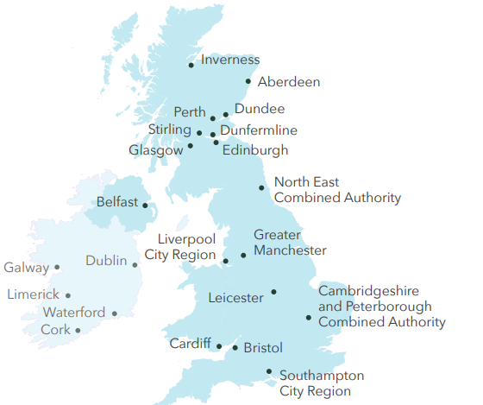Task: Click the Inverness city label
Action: coord(229,60)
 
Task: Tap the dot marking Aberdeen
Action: coord(248,82)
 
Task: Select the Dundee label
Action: coord(259,109)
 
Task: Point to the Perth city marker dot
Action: coord(213,118)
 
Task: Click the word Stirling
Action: coord(169,129)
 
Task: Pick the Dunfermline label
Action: coord(259,130)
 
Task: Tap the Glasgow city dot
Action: coord(191,146)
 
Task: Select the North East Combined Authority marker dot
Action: coord(262,187)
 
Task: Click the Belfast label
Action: coord(117,202)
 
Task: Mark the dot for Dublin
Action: coord(135,265)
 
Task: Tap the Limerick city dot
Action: coord(68,295)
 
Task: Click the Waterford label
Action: coord(74,313)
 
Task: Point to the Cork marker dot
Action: coord(78,330)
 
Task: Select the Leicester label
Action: coord(235,298)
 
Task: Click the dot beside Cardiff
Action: coord(219,347)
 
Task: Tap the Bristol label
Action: coord(263,348)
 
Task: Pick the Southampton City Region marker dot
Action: coord(270,372)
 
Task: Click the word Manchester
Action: coord(290,250)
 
